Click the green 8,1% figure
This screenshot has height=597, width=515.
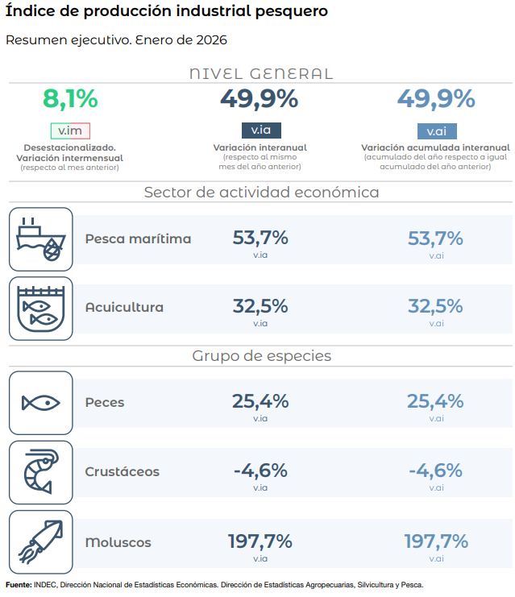70,99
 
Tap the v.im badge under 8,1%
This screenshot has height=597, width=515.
70,131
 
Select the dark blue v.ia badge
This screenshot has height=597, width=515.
260,131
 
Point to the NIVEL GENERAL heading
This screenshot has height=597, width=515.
260,73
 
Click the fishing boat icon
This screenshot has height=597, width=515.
41,239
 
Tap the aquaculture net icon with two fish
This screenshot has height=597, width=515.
41,309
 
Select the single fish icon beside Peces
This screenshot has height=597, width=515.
41,402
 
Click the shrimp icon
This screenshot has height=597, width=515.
41,471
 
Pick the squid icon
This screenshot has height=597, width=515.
41,541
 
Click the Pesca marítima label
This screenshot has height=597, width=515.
138,238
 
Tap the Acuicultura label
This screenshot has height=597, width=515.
124,307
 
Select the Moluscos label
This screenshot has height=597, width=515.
118,542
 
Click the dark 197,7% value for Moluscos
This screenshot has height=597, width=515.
260,540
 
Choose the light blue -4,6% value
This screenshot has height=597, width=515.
435,471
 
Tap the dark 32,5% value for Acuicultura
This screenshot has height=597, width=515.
260,306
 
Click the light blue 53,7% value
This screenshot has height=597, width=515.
435,238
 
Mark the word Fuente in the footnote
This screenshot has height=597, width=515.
19,585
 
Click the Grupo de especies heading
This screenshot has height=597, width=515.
261,355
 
